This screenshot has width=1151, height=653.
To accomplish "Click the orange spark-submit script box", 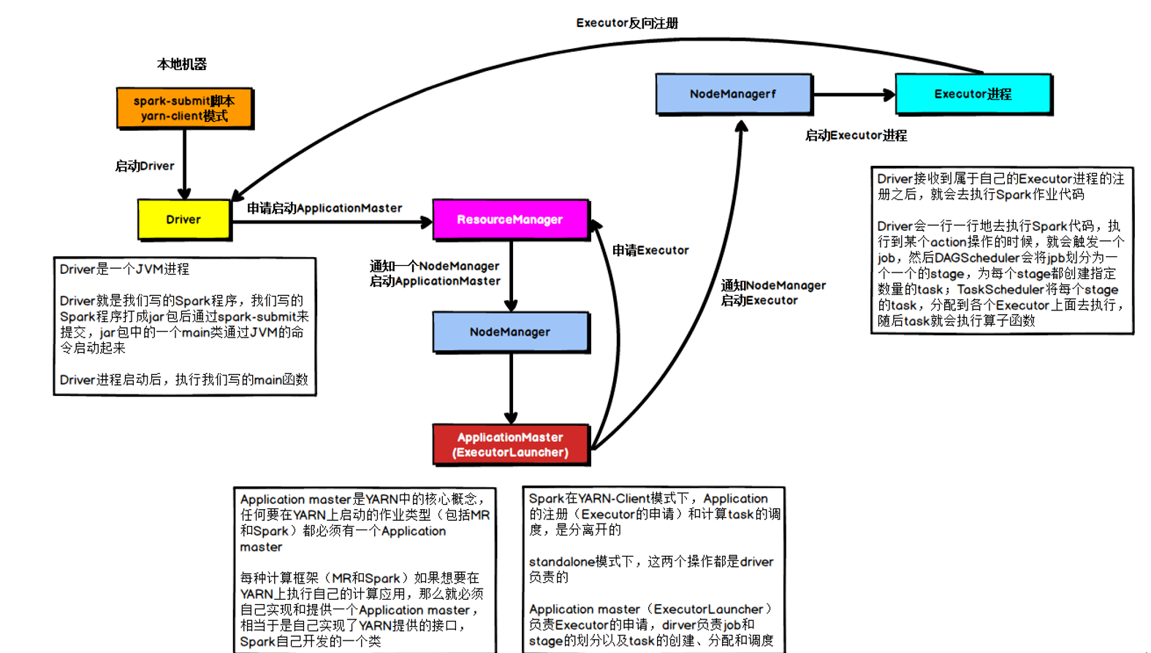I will point(184,108).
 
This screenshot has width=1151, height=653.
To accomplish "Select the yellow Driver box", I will point(183,219).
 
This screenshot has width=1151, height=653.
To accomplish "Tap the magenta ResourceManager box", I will point(510,219).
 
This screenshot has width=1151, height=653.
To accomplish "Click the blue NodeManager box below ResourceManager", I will point(510,332).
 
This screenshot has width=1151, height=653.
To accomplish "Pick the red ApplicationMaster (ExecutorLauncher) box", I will point(510,444).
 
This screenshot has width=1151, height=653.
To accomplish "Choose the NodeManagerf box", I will point(733,93).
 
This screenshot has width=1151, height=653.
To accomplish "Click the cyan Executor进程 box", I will point(973,93).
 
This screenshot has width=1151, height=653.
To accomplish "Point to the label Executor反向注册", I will point(627,23).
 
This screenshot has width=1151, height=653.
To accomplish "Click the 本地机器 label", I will point(182,64).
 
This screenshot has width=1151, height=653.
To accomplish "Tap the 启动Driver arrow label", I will point(145,166).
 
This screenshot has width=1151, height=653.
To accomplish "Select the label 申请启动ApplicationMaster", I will point(324,208).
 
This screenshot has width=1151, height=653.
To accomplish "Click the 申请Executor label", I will point(650,251).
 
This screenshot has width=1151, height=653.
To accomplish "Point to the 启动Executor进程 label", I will point(856,135).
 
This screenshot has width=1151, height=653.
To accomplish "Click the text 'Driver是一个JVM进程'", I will point(124,269).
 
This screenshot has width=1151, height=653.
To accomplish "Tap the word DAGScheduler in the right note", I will point(976,258).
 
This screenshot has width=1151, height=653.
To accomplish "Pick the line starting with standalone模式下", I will point(650,562).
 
